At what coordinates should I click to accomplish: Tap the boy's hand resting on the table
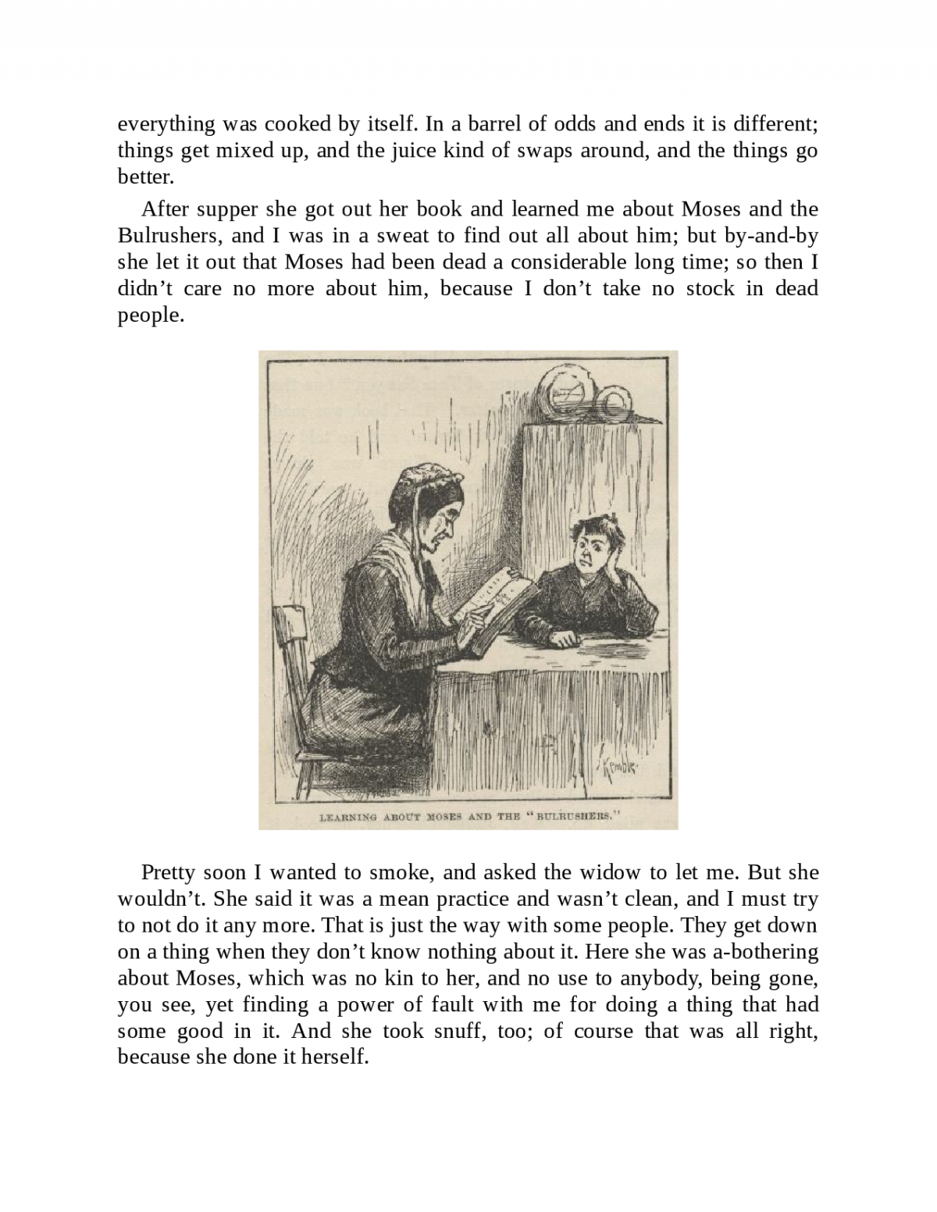pyautogui.click(x=563, y=639)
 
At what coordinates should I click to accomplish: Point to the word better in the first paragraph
pyautogui.click(x=145, y=177)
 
